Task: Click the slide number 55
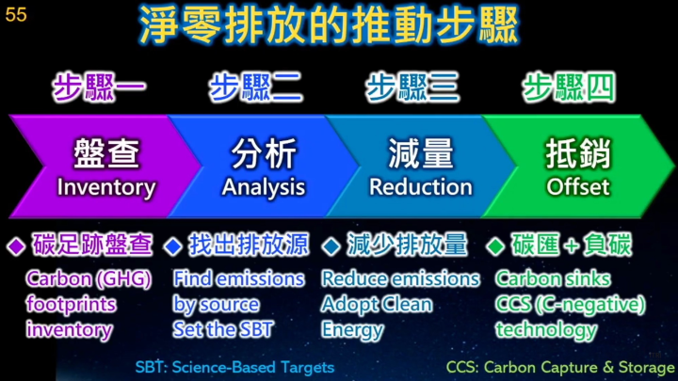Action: (16, 14)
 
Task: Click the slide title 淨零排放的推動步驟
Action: (329, 25)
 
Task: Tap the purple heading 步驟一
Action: (99, 87)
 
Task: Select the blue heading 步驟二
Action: (255, 87)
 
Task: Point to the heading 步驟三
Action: (412, 87)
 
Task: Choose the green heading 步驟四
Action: (569, 87)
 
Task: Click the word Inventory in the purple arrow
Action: (106, 187)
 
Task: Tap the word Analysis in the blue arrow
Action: (264, 187)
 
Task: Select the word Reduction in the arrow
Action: (421, 187)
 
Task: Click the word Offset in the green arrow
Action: (578, 186)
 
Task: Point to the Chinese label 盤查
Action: (106, 153)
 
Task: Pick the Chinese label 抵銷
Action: (578, 153)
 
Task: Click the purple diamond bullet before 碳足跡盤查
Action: (16, 246)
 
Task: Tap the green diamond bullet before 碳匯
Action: (495, 246)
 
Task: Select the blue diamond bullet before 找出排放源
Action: (173, 246)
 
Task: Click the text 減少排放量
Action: (407, 245)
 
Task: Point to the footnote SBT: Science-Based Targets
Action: (234, 367)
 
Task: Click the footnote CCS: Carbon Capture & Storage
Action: (560, 367)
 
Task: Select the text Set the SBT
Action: (223, 329)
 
